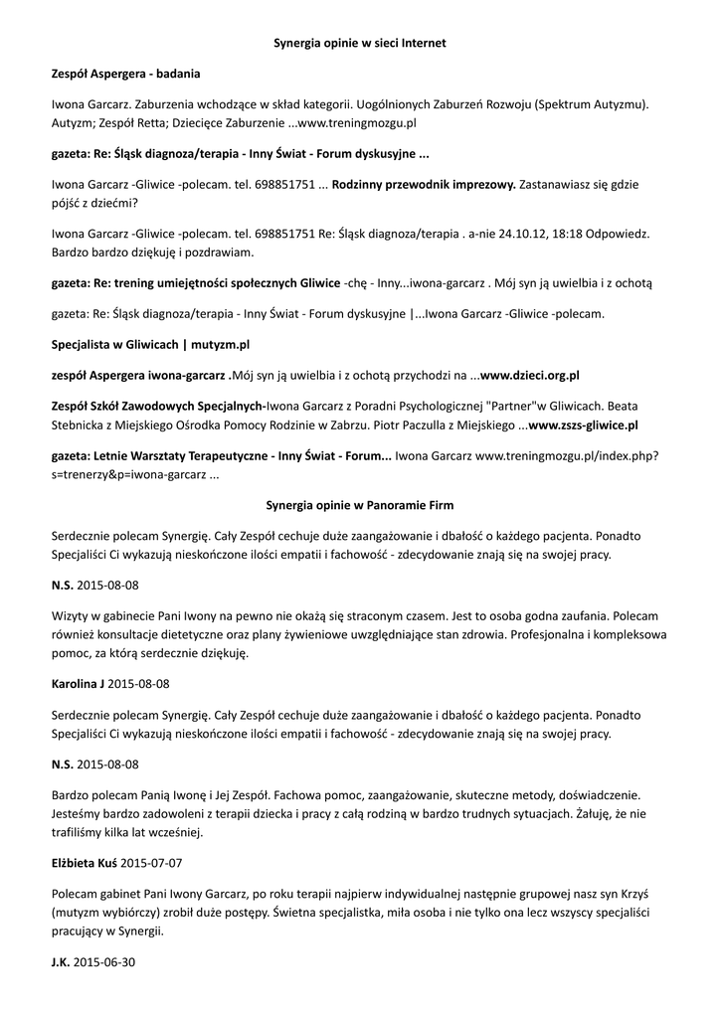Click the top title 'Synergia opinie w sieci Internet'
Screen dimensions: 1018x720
(x=360, y=44)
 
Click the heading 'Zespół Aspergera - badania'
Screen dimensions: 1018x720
(x=125, y=74)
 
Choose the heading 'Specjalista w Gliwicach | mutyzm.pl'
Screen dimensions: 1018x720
(x=150, y=344)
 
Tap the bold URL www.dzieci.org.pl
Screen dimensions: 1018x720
(x=530, y=375)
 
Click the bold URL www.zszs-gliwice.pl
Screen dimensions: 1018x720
(x=584, y=424)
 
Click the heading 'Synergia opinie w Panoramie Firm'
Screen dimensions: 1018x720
(x=360, y=505)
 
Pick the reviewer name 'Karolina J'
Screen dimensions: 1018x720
(x=78, y=685)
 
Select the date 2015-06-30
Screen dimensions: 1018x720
(x=106, y=963)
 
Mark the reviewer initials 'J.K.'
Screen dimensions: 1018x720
(x=61, y=963)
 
